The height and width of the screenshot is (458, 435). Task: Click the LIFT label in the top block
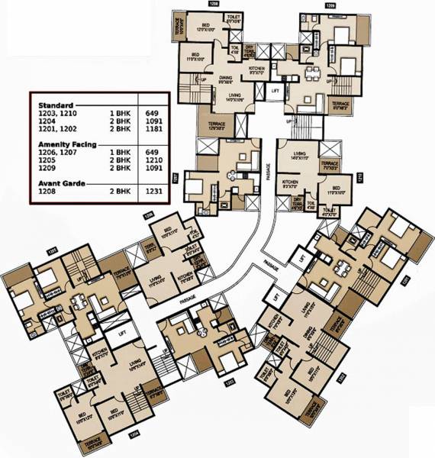coord(275,90)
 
